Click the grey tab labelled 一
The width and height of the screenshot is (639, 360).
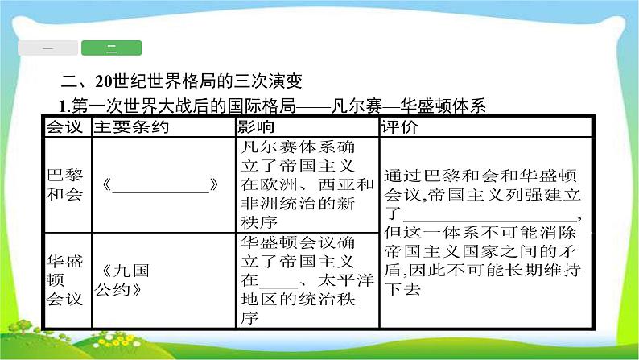(x=47, y=48)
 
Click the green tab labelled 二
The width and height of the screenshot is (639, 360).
(x=111, y=48)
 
